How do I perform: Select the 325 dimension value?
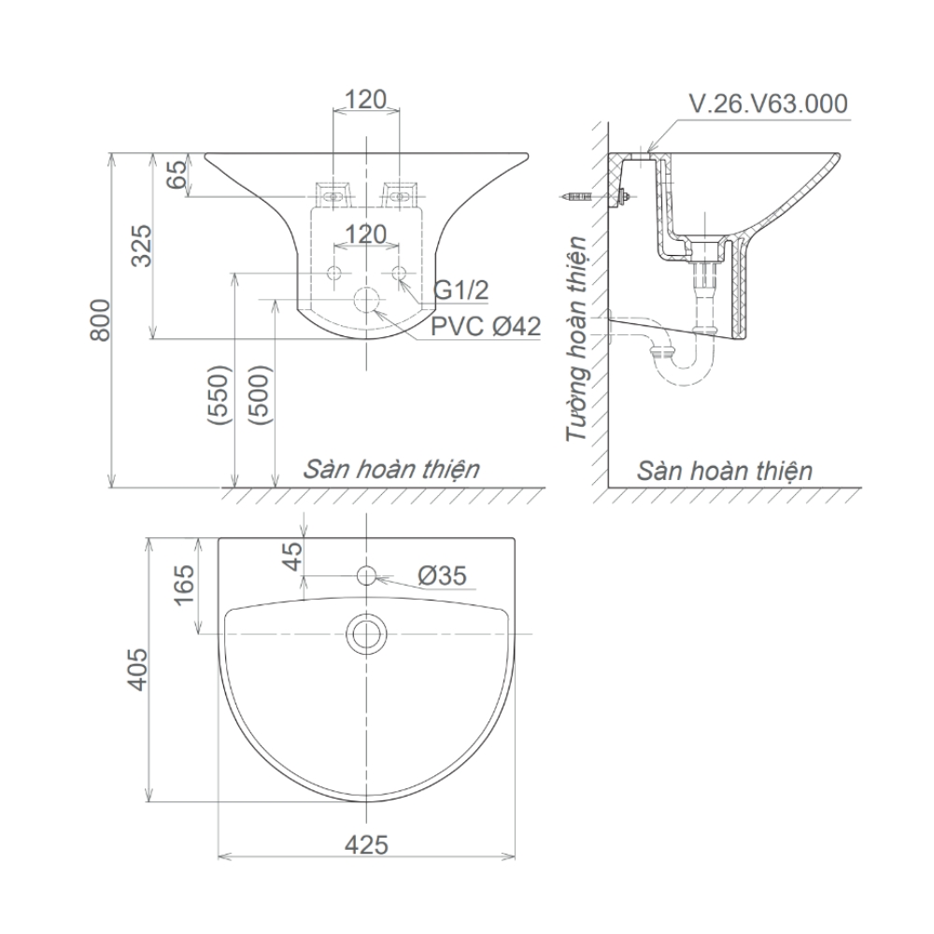(x=141, y=245)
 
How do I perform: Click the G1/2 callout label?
(x=461, y=290)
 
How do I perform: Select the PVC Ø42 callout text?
(x=486, y=327)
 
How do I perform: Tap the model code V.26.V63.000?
(x=768, y=104)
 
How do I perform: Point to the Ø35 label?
(x=442, y=576)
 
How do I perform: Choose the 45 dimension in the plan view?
(x=292, y=557)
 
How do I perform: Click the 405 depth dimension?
(x=137, y=669)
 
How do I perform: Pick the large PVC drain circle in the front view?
(x=367, y=302)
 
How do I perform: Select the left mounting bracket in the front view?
(x=333, y=195)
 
